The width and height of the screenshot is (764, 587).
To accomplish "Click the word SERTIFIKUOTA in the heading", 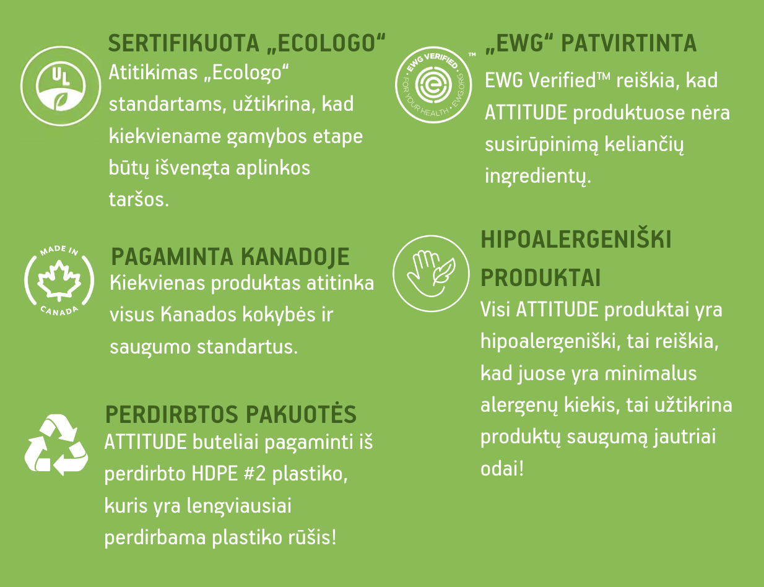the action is [x=183, y=43].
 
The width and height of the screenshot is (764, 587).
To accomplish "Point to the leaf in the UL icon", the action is [x=62, y=101].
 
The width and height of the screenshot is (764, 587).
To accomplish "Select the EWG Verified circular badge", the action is [x=433, y=85].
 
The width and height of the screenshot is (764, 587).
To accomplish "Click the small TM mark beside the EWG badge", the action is [x=472, y=54].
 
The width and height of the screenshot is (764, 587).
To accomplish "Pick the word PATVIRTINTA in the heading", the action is [x=628, y=43].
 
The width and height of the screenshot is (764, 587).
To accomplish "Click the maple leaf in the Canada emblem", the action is [x=59, y=280].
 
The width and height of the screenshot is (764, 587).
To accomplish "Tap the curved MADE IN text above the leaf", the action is [x=59, y=250].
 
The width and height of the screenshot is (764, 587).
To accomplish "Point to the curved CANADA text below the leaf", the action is [x=59, y=311].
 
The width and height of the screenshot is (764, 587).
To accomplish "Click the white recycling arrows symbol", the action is [x=56, y=445].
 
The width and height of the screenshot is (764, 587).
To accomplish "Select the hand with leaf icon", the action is [x=431, y=274].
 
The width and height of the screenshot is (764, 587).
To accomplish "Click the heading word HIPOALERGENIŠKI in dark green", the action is [x=576, y=240].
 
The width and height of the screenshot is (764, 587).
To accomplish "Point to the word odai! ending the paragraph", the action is [x=502, y=469].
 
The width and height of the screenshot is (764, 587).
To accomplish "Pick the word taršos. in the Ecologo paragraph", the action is [x=139, y=199].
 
